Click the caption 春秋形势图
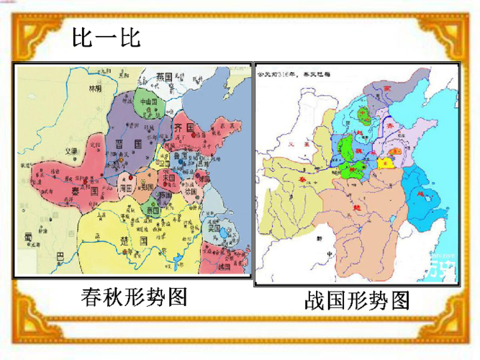point(134,297)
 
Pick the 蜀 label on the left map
point(29,235)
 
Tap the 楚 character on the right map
point(358,204)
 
